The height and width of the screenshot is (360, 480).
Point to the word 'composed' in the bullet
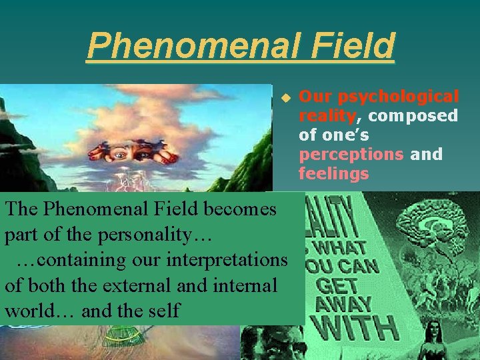coord(413,116)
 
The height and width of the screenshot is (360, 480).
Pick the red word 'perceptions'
coord(351,155)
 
